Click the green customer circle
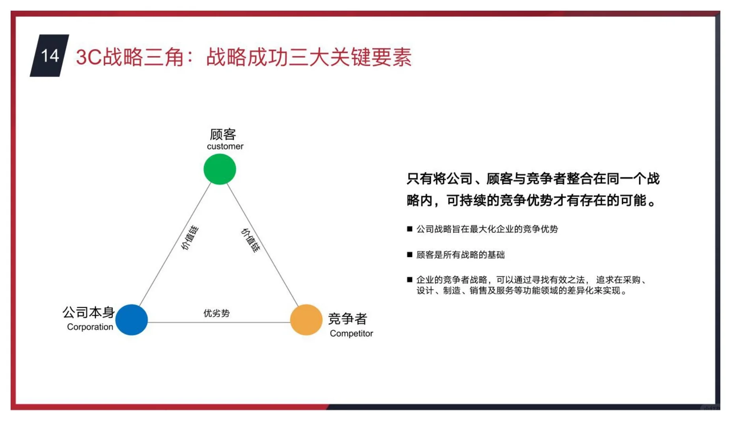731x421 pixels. tap(220, 169)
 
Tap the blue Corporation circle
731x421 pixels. tap(132, 320)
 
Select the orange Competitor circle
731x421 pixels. tap(306, 320)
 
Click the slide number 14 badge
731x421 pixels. tap(50, 56)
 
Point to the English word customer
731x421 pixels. tap(225, 147)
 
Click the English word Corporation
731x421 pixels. tap(90, 327)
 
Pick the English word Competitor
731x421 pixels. tap(351, 334)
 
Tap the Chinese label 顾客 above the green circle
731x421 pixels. tap(223, 135)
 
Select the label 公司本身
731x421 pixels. tap(88, 312)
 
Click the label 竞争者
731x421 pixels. tap(347, 319)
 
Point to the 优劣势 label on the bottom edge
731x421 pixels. tap(216, 313)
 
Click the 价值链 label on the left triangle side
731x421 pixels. tap(190, 238)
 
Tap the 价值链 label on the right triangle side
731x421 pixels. tap(251, 240)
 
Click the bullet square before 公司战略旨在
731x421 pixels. tap(410, 229)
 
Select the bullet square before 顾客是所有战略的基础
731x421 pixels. tap(410, 255)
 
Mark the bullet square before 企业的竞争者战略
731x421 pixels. tap(410, 280)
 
